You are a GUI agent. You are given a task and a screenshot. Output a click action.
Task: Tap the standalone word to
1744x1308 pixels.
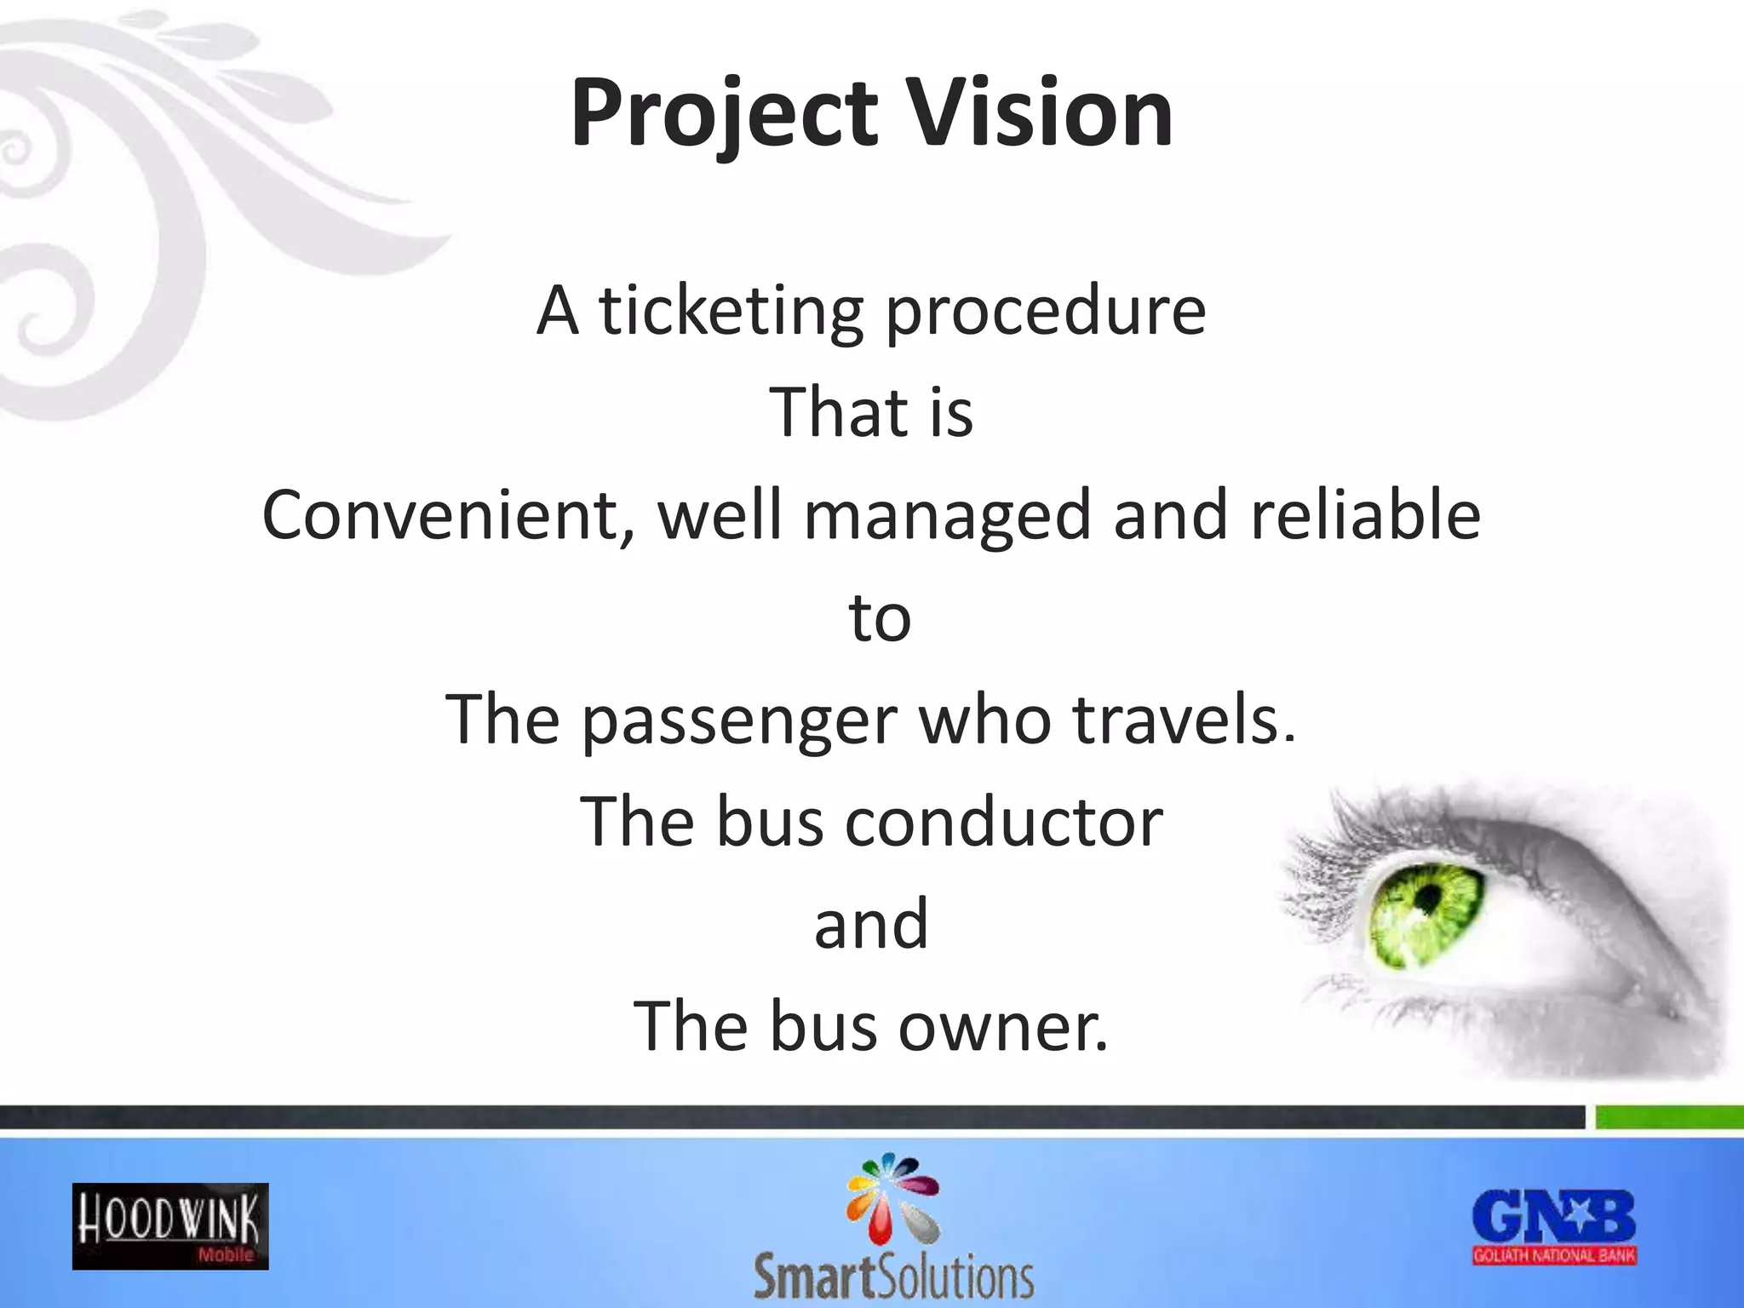(x=880, y=618)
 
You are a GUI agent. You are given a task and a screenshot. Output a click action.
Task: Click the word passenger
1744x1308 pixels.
(x=739, y=721)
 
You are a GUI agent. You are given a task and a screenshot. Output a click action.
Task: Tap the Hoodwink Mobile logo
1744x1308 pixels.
(x=170, y=1226)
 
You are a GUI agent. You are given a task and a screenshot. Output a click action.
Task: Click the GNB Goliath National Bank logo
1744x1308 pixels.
(x=1554, y=1226)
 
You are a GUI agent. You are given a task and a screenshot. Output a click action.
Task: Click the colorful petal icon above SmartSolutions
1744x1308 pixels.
(x=892, y=1197)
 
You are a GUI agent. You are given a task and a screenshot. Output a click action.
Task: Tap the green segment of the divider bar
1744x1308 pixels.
(x=1668, y=1116)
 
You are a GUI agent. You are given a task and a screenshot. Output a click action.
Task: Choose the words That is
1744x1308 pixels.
(x=871, y=413)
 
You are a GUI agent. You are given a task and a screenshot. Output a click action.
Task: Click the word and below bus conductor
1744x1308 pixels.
(x=871, y=925)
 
